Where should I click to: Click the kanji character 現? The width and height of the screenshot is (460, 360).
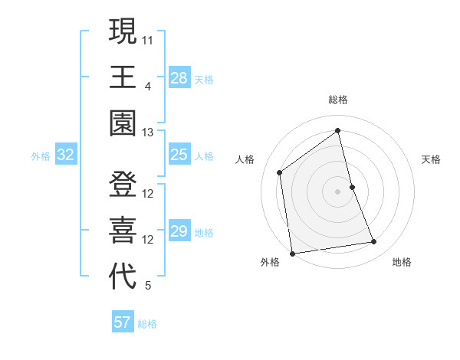123,31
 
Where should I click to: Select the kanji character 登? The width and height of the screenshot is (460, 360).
123,185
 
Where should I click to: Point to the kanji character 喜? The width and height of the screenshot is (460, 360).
123,231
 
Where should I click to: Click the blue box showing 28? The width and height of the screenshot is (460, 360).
179,78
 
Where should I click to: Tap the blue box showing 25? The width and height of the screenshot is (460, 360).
179,155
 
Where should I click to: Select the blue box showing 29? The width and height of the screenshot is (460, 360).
179,232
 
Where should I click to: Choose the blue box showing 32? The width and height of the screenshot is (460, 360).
66,155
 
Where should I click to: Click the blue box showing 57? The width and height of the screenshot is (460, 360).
123,322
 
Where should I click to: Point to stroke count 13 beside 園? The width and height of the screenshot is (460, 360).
148,133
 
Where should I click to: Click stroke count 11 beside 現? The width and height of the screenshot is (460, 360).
148,39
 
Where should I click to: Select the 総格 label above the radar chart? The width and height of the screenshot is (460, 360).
338,100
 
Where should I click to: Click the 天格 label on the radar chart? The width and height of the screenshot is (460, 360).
431,159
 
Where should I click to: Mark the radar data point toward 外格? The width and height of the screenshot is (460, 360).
292,253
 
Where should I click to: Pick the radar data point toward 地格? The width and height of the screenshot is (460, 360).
374,242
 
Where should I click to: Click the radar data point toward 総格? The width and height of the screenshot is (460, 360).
338,130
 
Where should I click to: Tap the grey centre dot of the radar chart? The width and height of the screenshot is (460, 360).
338,191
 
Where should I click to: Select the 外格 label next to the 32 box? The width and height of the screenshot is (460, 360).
41,156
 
